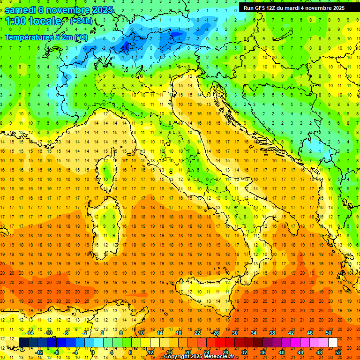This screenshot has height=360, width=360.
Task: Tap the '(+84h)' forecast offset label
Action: pyautogui.click(x=81, y=21)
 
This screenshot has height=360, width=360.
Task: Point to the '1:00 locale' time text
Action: pyautogui.click(x=33, y=21)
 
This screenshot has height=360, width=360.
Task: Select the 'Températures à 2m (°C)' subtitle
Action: pyautogui.click(x=46, y=37)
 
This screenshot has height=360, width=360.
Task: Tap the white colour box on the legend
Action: pyautogui.click(x=333, y=343)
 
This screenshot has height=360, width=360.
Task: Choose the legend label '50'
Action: pyautogui.click(x=329, y=333)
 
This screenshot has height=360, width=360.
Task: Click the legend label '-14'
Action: pyautogui.click(x=30, y=333)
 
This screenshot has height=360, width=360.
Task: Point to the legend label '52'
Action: pyautogui.click(x=338, y=352)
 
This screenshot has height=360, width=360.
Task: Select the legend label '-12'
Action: pyautogui.click(x=39, y=352)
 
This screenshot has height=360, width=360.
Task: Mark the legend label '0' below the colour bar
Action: pyautogui.click(x=93, y=352)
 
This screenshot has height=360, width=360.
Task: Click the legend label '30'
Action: pyautogui.click(x=234, y=333)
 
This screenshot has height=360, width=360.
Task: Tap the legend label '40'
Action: pyautogui.click(x=282, y=352)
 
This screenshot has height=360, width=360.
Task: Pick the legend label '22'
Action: pyautogui.click(x=197, y=333)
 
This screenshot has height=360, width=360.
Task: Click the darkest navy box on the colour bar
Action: pyautogui.click(x=23, y=343)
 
